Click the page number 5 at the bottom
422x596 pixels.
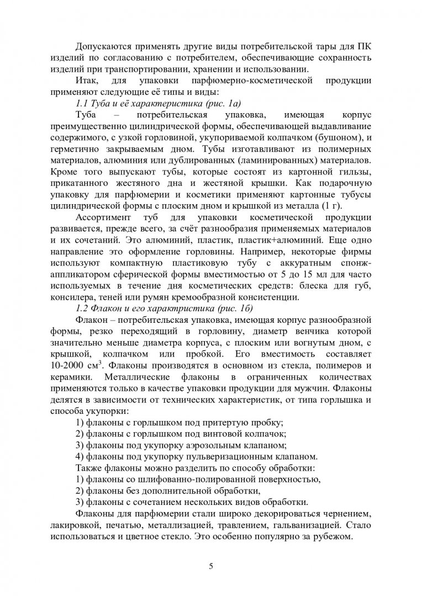coord(210,566)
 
